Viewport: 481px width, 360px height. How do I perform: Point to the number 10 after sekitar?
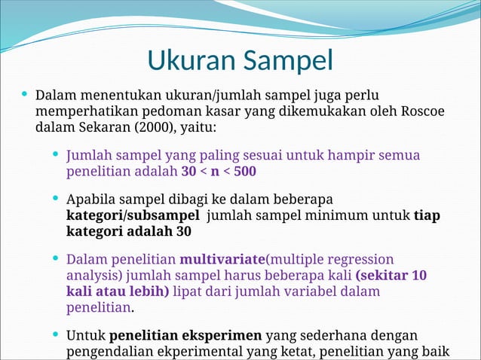[x=419, y=275]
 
